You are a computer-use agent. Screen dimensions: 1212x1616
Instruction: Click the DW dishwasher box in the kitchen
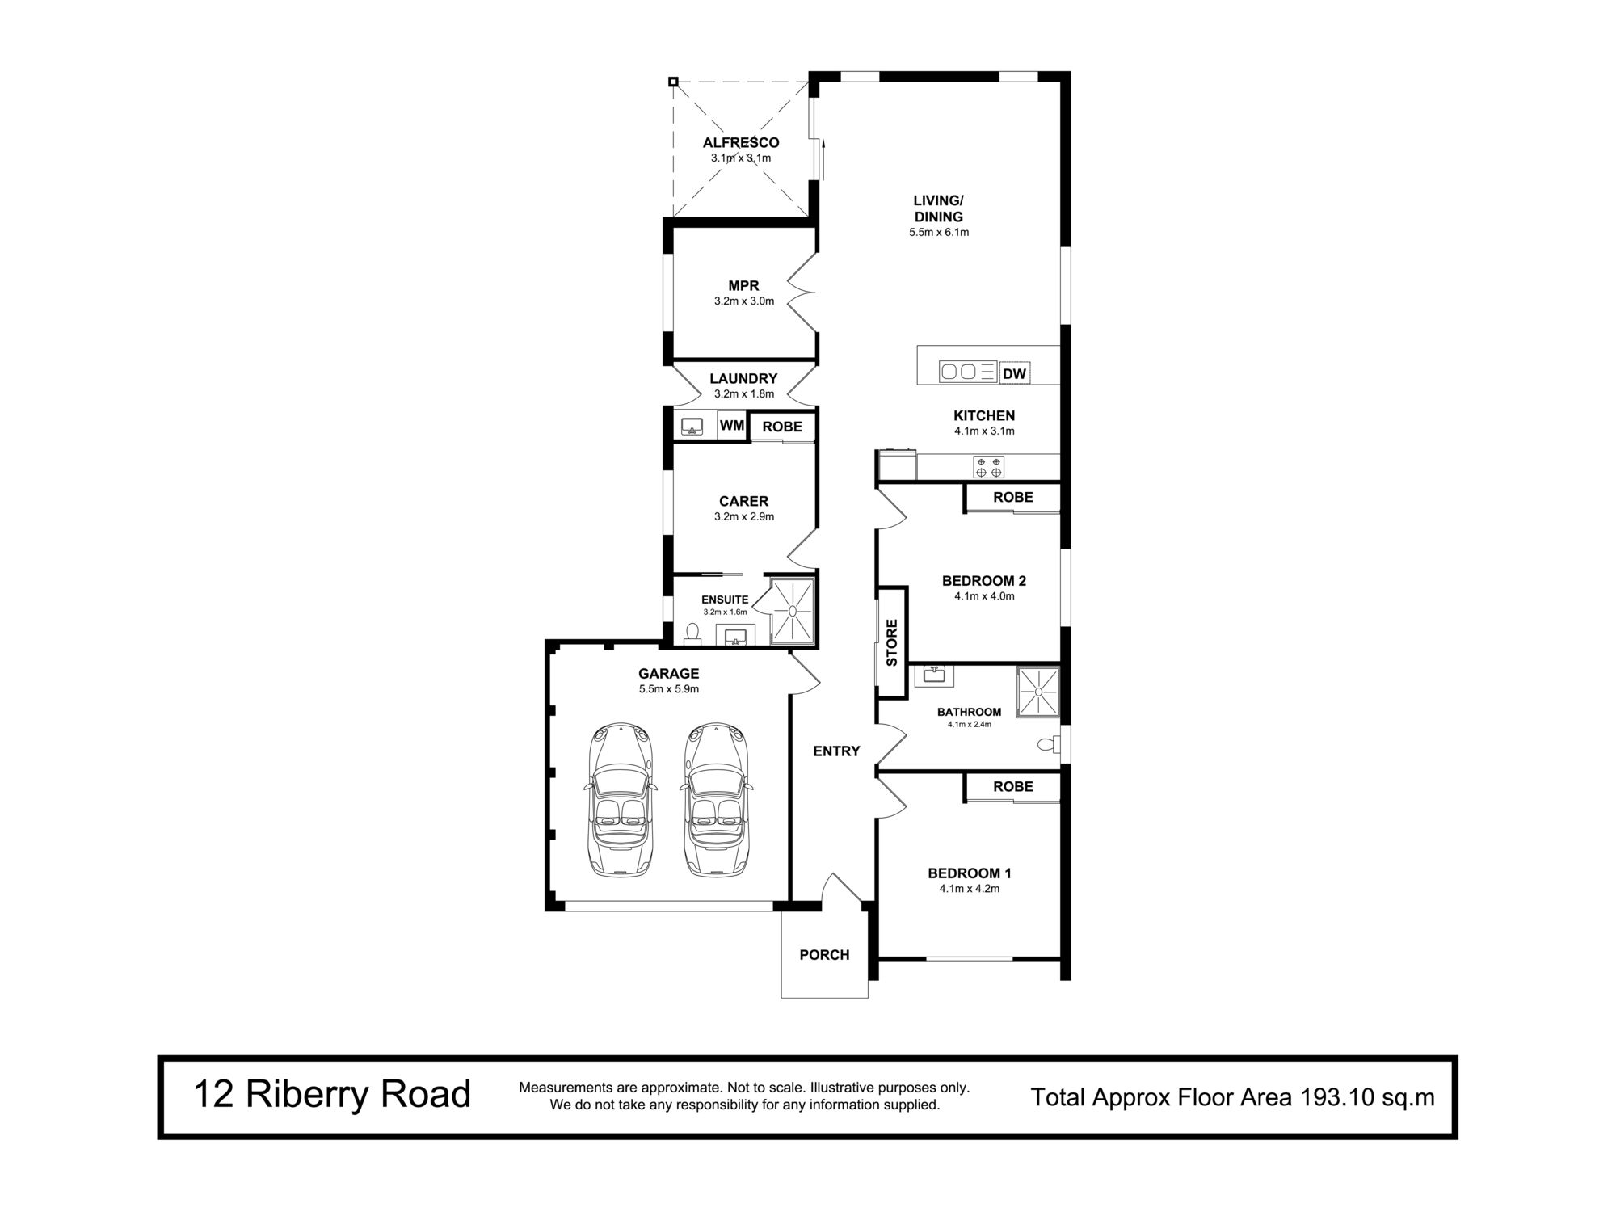[1015, 374]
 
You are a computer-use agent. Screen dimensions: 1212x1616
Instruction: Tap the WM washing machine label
[732, 425]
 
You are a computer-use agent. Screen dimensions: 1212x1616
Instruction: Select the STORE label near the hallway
[892, 642]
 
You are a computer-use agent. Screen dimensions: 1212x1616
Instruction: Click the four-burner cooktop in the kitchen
[989, 466]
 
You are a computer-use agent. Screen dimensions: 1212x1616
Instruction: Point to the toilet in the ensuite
[692, 633]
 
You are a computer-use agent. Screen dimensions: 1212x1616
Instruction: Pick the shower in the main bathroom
[1037, 692]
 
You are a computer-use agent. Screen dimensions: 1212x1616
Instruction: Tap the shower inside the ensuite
[792, 612]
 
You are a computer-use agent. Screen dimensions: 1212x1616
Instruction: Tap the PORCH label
[824, 955]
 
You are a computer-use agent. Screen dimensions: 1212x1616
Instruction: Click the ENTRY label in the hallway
[836, 751]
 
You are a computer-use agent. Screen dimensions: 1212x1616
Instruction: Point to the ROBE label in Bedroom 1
[1013, 786]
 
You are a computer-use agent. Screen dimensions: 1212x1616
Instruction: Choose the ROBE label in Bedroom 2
[1013, 497]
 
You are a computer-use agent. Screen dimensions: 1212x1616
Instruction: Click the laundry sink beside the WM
[692, 426]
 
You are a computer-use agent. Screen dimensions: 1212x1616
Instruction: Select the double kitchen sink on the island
[959, 372]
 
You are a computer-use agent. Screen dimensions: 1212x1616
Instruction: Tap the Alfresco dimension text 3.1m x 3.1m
[741, 158]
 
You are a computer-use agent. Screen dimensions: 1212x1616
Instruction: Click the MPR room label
[743, 286]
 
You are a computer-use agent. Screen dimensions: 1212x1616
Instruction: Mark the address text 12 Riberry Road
[331, 1095]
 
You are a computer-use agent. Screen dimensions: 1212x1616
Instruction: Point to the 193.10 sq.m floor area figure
[1366, 1097]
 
